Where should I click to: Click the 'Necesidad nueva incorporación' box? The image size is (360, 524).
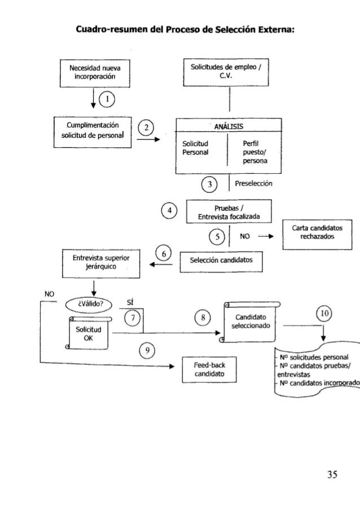coord(92,73)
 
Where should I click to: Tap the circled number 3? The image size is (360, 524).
coord(210,184)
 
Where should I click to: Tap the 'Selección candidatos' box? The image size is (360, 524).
coord(221,261)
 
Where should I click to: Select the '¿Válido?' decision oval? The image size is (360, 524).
coord(89,306)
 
